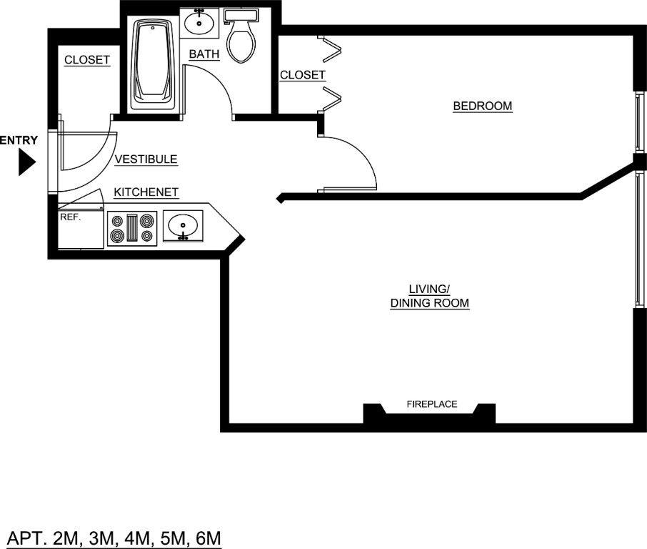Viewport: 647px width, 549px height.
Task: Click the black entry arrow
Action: (x=26, y=163)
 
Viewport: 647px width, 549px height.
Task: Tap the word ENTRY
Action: (x=19, y=141)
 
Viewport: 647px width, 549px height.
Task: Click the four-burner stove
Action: (x=131, y=228)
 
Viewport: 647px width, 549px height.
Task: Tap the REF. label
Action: (x=70, y=217)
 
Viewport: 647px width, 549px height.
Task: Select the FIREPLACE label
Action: (x=431, y=404)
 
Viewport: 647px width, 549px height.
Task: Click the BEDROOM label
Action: (x=483, y=107)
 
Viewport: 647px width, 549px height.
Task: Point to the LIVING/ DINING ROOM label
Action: (x=429, y=296)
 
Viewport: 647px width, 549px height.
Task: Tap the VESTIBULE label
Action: (x=146, y=159)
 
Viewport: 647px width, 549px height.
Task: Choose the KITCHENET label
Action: (x=146, y=192)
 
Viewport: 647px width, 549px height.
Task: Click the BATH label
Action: (x=204, y=54)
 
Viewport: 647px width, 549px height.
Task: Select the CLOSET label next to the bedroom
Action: (x=302, y=75)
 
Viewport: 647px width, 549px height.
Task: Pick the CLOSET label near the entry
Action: (x=87, y=60)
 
